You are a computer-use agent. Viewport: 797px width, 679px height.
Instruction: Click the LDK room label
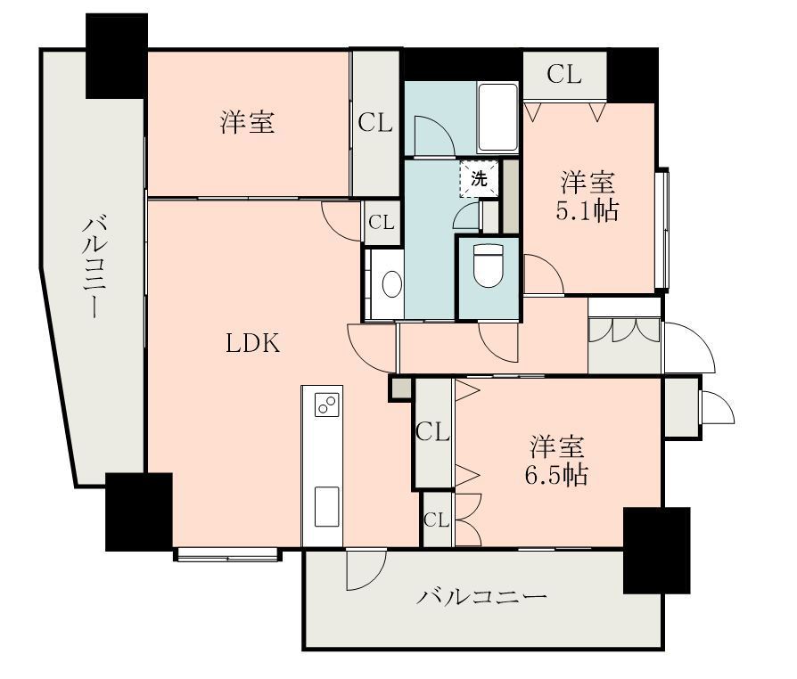tap(252, 344)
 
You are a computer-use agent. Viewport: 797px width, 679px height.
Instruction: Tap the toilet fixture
tap(488, 266)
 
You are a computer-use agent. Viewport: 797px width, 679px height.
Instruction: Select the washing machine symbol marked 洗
tap(480, 179)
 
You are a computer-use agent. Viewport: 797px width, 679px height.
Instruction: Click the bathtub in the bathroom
tap(497, 118)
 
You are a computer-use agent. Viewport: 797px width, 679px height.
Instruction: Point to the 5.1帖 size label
tap(587, 211)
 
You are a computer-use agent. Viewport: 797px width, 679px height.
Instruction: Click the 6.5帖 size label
tap(556, 475)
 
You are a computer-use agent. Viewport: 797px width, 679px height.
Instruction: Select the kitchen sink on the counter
tap(327, 506)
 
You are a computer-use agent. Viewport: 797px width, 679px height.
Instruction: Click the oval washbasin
tap(392, 283)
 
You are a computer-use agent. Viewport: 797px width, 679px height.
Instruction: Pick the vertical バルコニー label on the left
tap(94, 267)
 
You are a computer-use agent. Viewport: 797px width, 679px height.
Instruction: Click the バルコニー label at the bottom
tap(481, 596)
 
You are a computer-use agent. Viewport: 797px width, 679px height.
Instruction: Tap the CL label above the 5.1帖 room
tap(564, 75)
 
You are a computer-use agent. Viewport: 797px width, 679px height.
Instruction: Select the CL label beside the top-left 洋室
tap(375, 122)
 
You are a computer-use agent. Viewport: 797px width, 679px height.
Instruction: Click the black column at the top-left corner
tap(117, 56)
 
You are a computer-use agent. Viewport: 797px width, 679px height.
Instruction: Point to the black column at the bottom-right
tap(657, 550)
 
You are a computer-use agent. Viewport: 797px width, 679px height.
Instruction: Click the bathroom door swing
tap(433, 135)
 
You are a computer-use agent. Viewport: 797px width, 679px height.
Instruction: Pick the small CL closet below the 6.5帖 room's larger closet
tap(437, 519)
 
